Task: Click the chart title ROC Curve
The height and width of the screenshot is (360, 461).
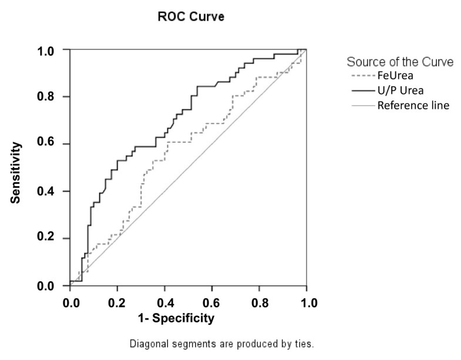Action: coord(191,18)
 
